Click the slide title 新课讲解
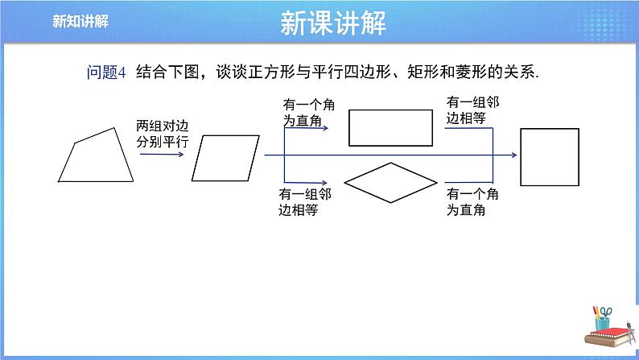(334, 23)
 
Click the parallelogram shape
(227, 159)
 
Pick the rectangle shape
(390, 126)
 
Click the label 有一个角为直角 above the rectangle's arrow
(303, 112)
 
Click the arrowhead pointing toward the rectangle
(325, 127)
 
